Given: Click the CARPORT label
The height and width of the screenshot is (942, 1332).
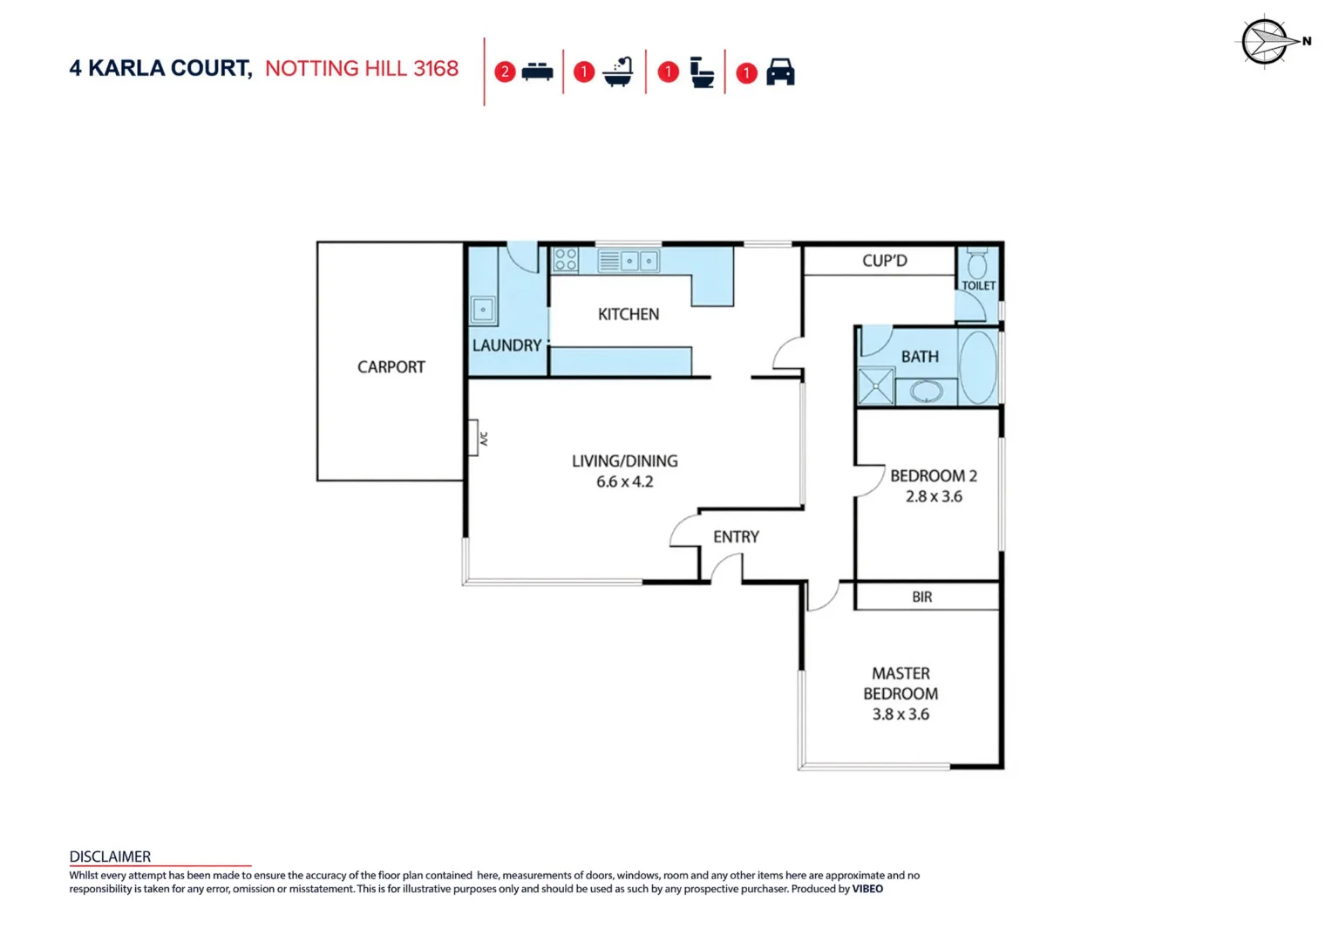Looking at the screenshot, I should click(x=391, y=367).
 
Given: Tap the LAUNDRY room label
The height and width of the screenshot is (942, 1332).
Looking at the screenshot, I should click(x=506, y=345).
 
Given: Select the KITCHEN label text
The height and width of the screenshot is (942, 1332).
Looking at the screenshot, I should click(x=628, y=314).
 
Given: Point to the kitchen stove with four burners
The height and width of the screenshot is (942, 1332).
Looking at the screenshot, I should click(x=566, y=260).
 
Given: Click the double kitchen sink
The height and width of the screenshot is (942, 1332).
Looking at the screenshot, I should click(x=639, y=261).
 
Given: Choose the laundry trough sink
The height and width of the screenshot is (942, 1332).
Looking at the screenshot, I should click(x=483, y=310).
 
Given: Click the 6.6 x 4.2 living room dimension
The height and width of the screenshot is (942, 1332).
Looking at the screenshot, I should click(x=624, y=481).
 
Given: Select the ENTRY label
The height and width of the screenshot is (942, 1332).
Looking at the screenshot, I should click(x=736, y=537).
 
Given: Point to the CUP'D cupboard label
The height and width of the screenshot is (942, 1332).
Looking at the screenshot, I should click(x=884, y=261).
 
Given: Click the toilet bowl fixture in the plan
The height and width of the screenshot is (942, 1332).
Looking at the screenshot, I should click(x=977, y=263).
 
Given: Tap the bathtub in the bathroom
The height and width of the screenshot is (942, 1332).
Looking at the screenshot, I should click(x=977, y=367).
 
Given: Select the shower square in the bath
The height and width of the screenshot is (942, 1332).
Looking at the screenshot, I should click(x=876, y=387).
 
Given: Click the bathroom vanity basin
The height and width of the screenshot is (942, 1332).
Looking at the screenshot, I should click(x=926, y=391).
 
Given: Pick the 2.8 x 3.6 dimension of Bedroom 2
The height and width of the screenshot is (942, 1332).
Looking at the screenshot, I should click(x=933, y=496).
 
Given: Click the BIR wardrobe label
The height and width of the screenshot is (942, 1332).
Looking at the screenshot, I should click(x=921, y=597).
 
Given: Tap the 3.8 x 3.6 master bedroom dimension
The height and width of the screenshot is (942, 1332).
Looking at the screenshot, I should click(x=900, y=714).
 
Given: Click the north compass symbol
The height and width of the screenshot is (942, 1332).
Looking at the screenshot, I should click(x=1265, y=42).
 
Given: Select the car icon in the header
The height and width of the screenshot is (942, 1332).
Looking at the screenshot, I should click(x=780, y=72).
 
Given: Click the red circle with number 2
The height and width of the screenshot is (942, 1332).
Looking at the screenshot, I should click(x=505, y=72).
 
